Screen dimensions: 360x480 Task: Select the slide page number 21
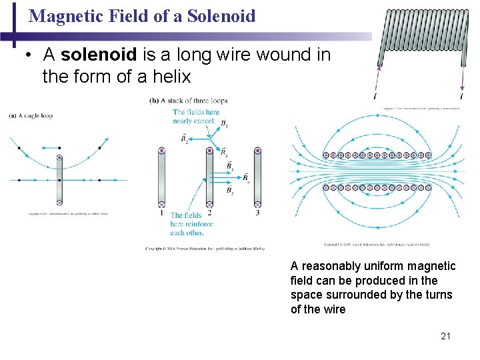pyautogui.click(x=446, y=336)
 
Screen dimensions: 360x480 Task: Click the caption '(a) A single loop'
pyautogui.click(x=30, y=116)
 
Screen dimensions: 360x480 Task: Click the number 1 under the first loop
pyautogui.click(x=161, y=213)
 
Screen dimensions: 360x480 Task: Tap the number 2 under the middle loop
pyautogui.click(x=209, y=213)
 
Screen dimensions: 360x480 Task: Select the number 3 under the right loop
pyautogui.click(x=257, y=213)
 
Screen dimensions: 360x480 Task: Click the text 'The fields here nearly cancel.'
pyautogui.click(x=195, y=117)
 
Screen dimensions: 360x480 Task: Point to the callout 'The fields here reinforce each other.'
pyautogui.click(x=191, y=224)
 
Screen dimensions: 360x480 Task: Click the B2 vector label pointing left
pyautogui.click(x=184, y=138)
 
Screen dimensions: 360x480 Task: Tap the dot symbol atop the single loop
pyautogui.click(x=59, y=159)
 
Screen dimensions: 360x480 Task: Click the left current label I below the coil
pyautogui.click(x=375, y=97)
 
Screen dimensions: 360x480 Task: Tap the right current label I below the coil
pyautogui.click(x=462, y=97)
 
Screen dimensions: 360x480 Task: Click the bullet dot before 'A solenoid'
pyautogui.click(x=29, y=55)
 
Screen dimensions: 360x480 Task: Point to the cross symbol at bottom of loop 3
pyautogui.click(x=257, y=203)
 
